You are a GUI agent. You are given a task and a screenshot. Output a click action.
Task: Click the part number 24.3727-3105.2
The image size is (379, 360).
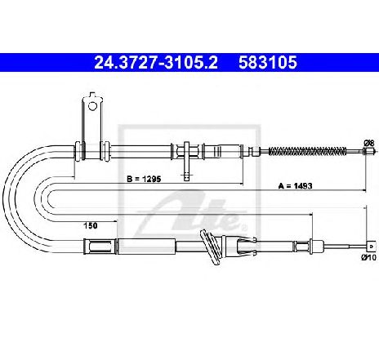coord(156,63)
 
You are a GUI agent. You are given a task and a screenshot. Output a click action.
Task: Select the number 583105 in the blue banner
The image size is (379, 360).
coord(268,63)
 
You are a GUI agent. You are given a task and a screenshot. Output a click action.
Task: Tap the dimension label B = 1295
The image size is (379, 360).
coord(144,179)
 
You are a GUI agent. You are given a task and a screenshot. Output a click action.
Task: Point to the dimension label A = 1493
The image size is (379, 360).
coord(295,186)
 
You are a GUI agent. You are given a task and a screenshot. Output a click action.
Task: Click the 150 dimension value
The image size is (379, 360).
coord(91,225)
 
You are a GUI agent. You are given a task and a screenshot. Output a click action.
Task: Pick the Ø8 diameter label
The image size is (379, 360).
coord(369,143)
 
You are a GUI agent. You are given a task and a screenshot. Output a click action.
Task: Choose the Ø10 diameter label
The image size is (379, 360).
coord(368,257)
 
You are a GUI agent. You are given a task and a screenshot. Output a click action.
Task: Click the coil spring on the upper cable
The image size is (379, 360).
coord(308,151)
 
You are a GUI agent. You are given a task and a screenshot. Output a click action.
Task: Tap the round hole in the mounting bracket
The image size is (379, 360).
coord(92,106)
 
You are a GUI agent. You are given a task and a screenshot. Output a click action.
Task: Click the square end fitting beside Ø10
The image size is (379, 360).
coord(370,247)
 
